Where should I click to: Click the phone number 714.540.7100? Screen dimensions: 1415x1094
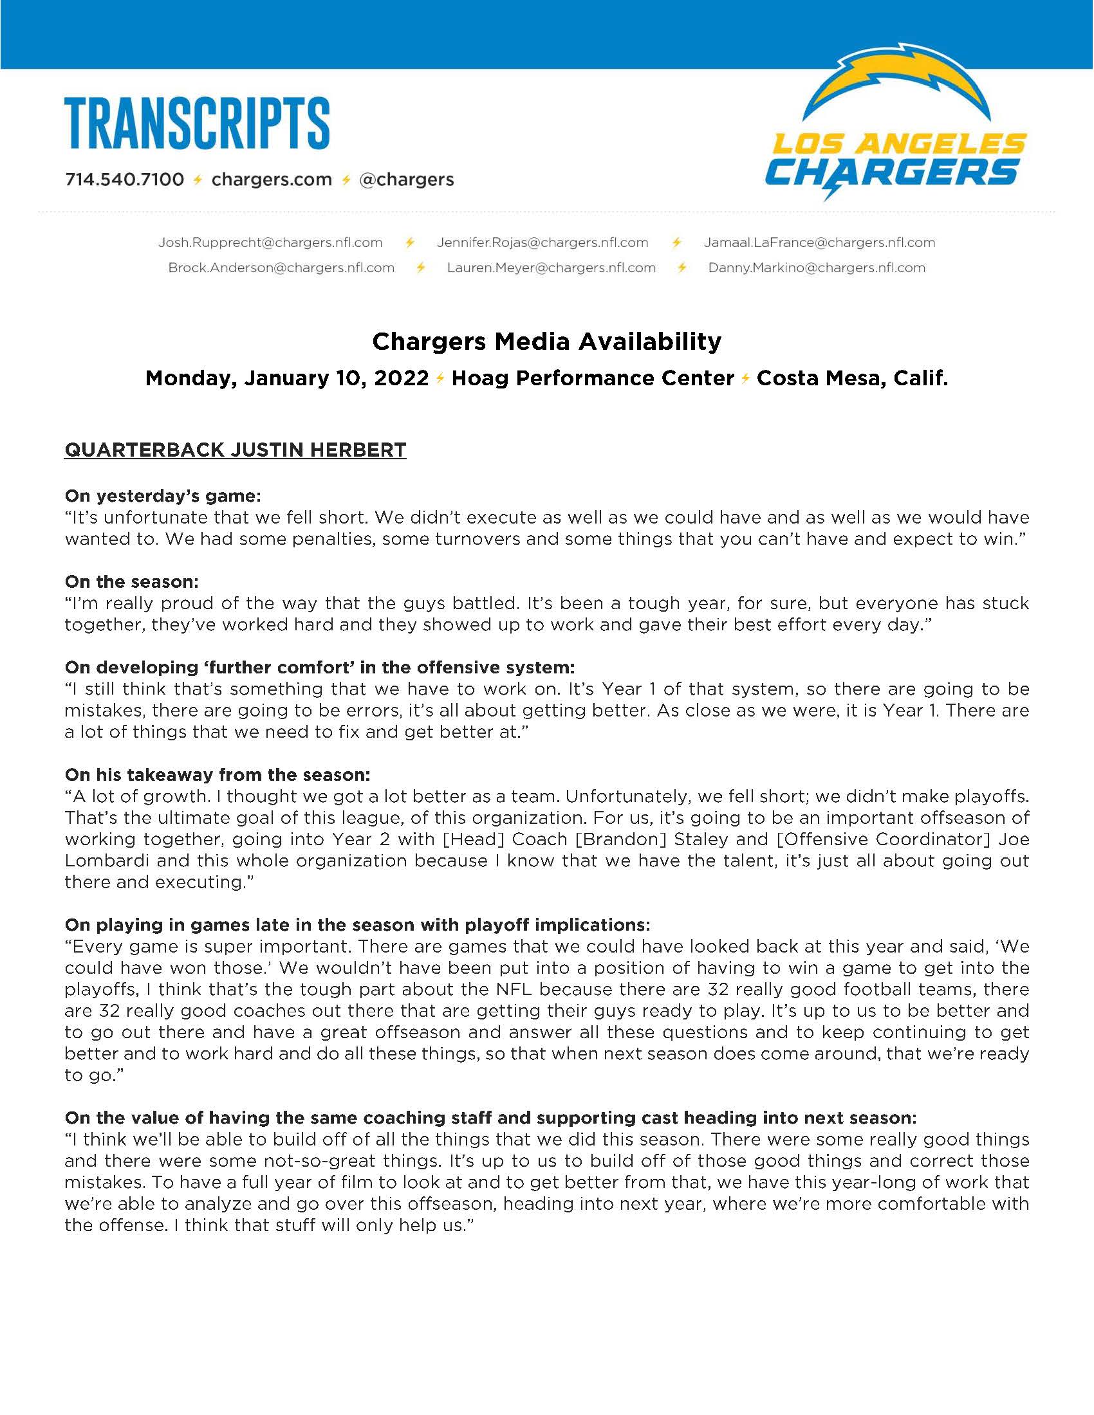tap(124, 179)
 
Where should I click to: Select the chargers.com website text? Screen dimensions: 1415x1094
tap(272, 179)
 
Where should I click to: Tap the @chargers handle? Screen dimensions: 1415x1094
tap(406, 179)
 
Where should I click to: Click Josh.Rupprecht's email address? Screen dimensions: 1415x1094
tap(270, 242)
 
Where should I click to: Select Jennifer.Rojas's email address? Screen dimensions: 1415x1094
tap(542, 242)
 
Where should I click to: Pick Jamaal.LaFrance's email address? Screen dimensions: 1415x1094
tap(820, 242)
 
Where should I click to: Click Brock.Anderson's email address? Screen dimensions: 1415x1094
tap(281, 268)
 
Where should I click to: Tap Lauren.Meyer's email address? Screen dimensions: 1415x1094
tap(552, 268)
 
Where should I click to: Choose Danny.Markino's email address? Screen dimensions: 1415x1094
tap(817, 268)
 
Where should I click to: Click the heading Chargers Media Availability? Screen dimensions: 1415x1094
tap(546, 342)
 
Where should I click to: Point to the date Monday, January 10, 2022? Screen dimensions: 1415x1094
tap(286, 378)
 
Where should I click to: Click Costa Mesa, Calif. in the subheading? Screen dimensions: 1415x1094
tap(852, 378)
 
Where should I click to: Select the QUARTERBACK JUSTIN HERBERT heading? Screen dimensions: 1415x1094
tap(236, 450)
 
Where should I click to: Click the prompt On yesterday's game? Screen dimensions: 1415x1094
tap(163, 497)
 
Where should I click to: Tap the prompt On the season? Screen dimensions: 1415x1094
tap(131, 582)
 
